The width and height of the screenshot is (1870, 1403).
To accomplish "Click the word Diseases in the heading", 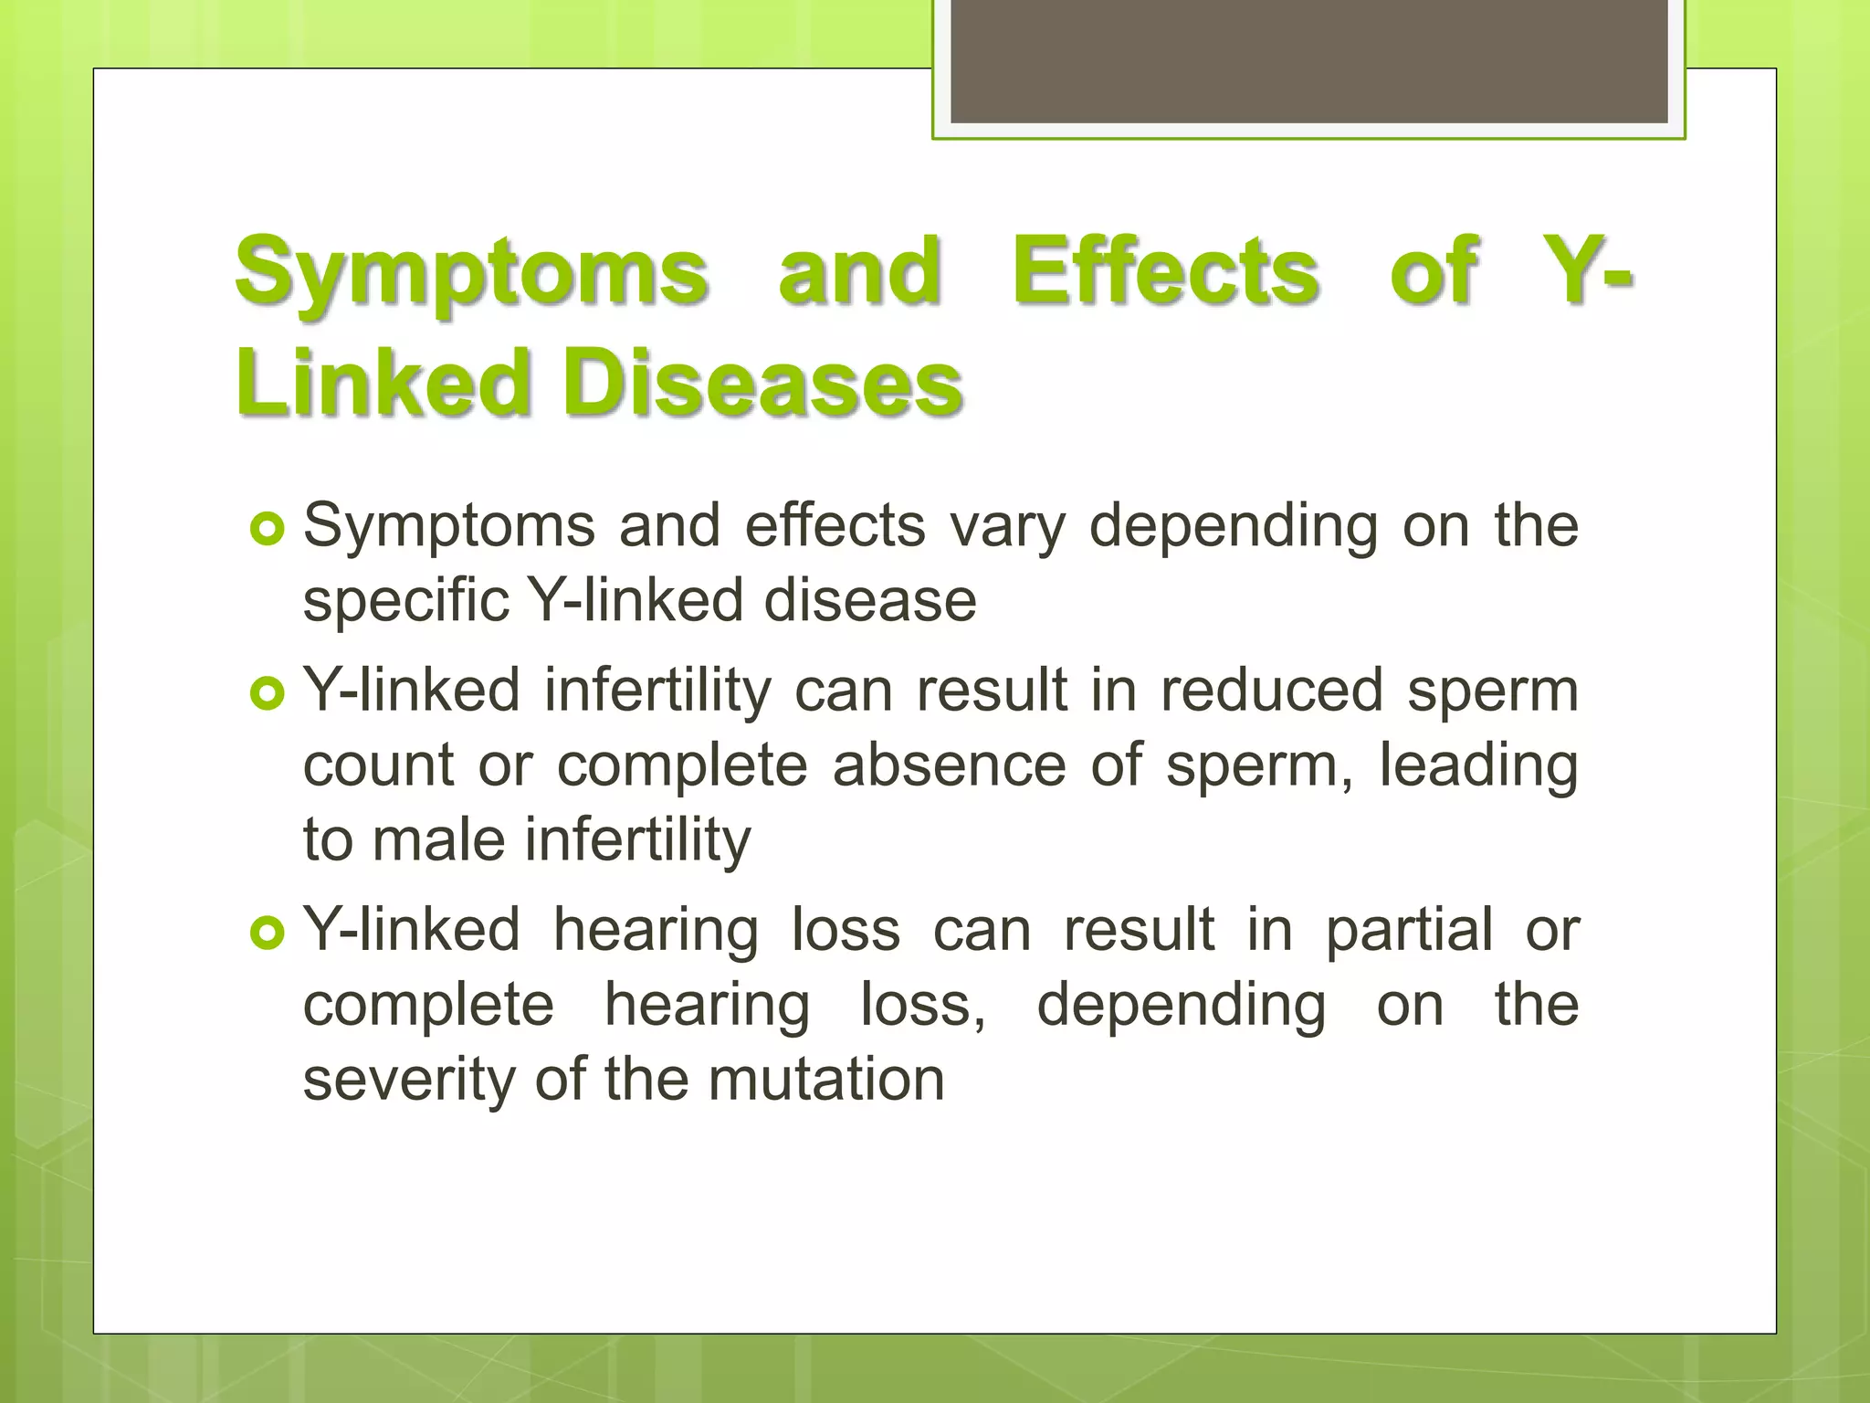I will [762, 383].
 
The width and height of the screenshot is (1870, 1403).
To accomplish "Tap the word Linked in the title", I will [383, 383].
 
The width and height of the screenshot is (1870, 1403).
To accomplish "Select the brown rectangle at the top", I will [1308, 60].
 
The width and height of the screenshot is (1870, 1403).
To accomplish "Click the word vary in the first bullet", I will [1007, 527].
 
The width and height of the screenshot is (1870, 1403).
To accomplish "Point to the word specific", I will [405, 602].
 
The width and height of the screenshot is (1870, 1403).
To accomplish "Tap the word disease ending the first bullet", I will [870, 602].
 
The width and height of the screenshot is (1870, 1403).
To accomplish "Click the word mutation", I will [825, 1080].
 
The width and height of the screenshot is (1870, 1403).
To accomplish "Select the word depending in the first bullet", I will [1234, 527].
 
